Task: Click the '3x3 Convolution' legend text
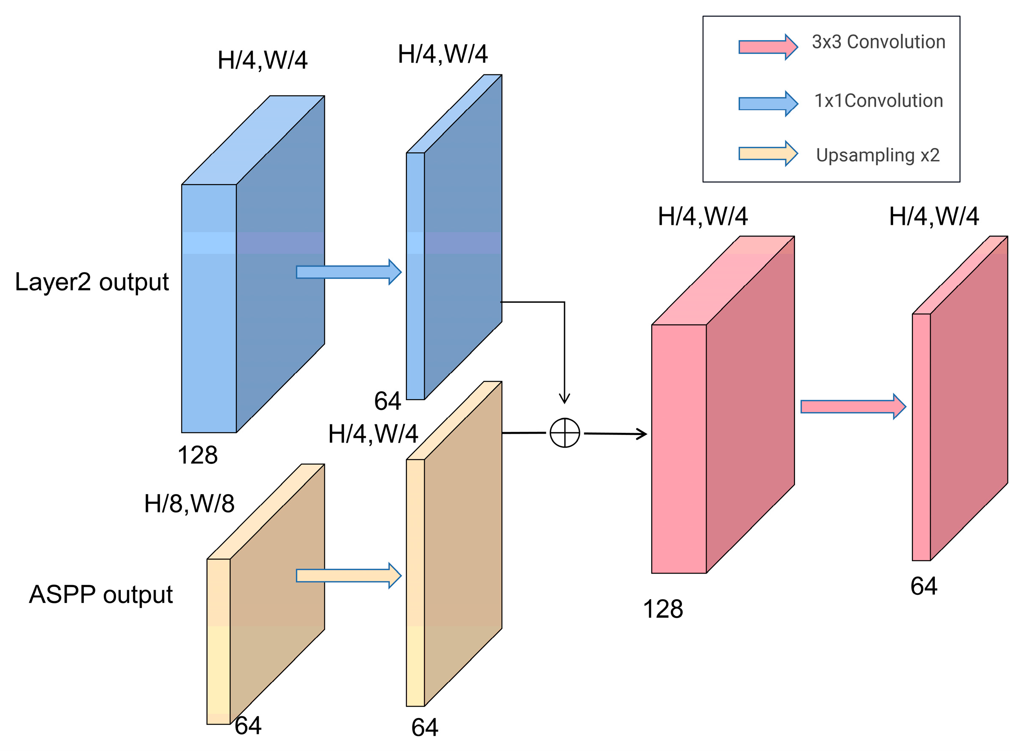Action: (878, 42)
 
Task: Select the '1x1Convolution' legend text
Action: (878, 101)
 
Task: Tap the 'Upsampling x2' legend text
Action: (877, 156)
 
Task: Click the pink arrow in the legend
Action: (768, 47)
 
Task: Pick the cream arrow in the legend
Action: (768, 153)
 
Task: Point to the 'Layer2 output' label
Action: (91, 282)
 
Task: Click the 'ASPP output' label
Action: (101, 595)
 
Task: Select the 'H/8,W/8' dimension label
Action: (189, 504)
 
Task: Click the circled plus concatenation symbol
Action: (565, 432)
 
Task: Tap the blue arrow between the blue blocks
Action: (349, 272)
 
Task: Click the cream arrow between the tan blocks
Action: (349, 576)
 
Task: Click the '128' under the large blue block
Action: (197, 455)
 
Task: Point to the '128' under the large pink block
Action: (662, 609)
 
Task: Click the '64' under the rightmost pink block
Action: (923, 587)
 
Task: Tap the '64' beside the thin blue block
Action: (387, 401)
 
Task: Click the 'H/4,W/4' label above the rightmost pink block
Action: (934, 216)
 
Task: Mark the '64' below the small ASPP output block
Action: (248, 726)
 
